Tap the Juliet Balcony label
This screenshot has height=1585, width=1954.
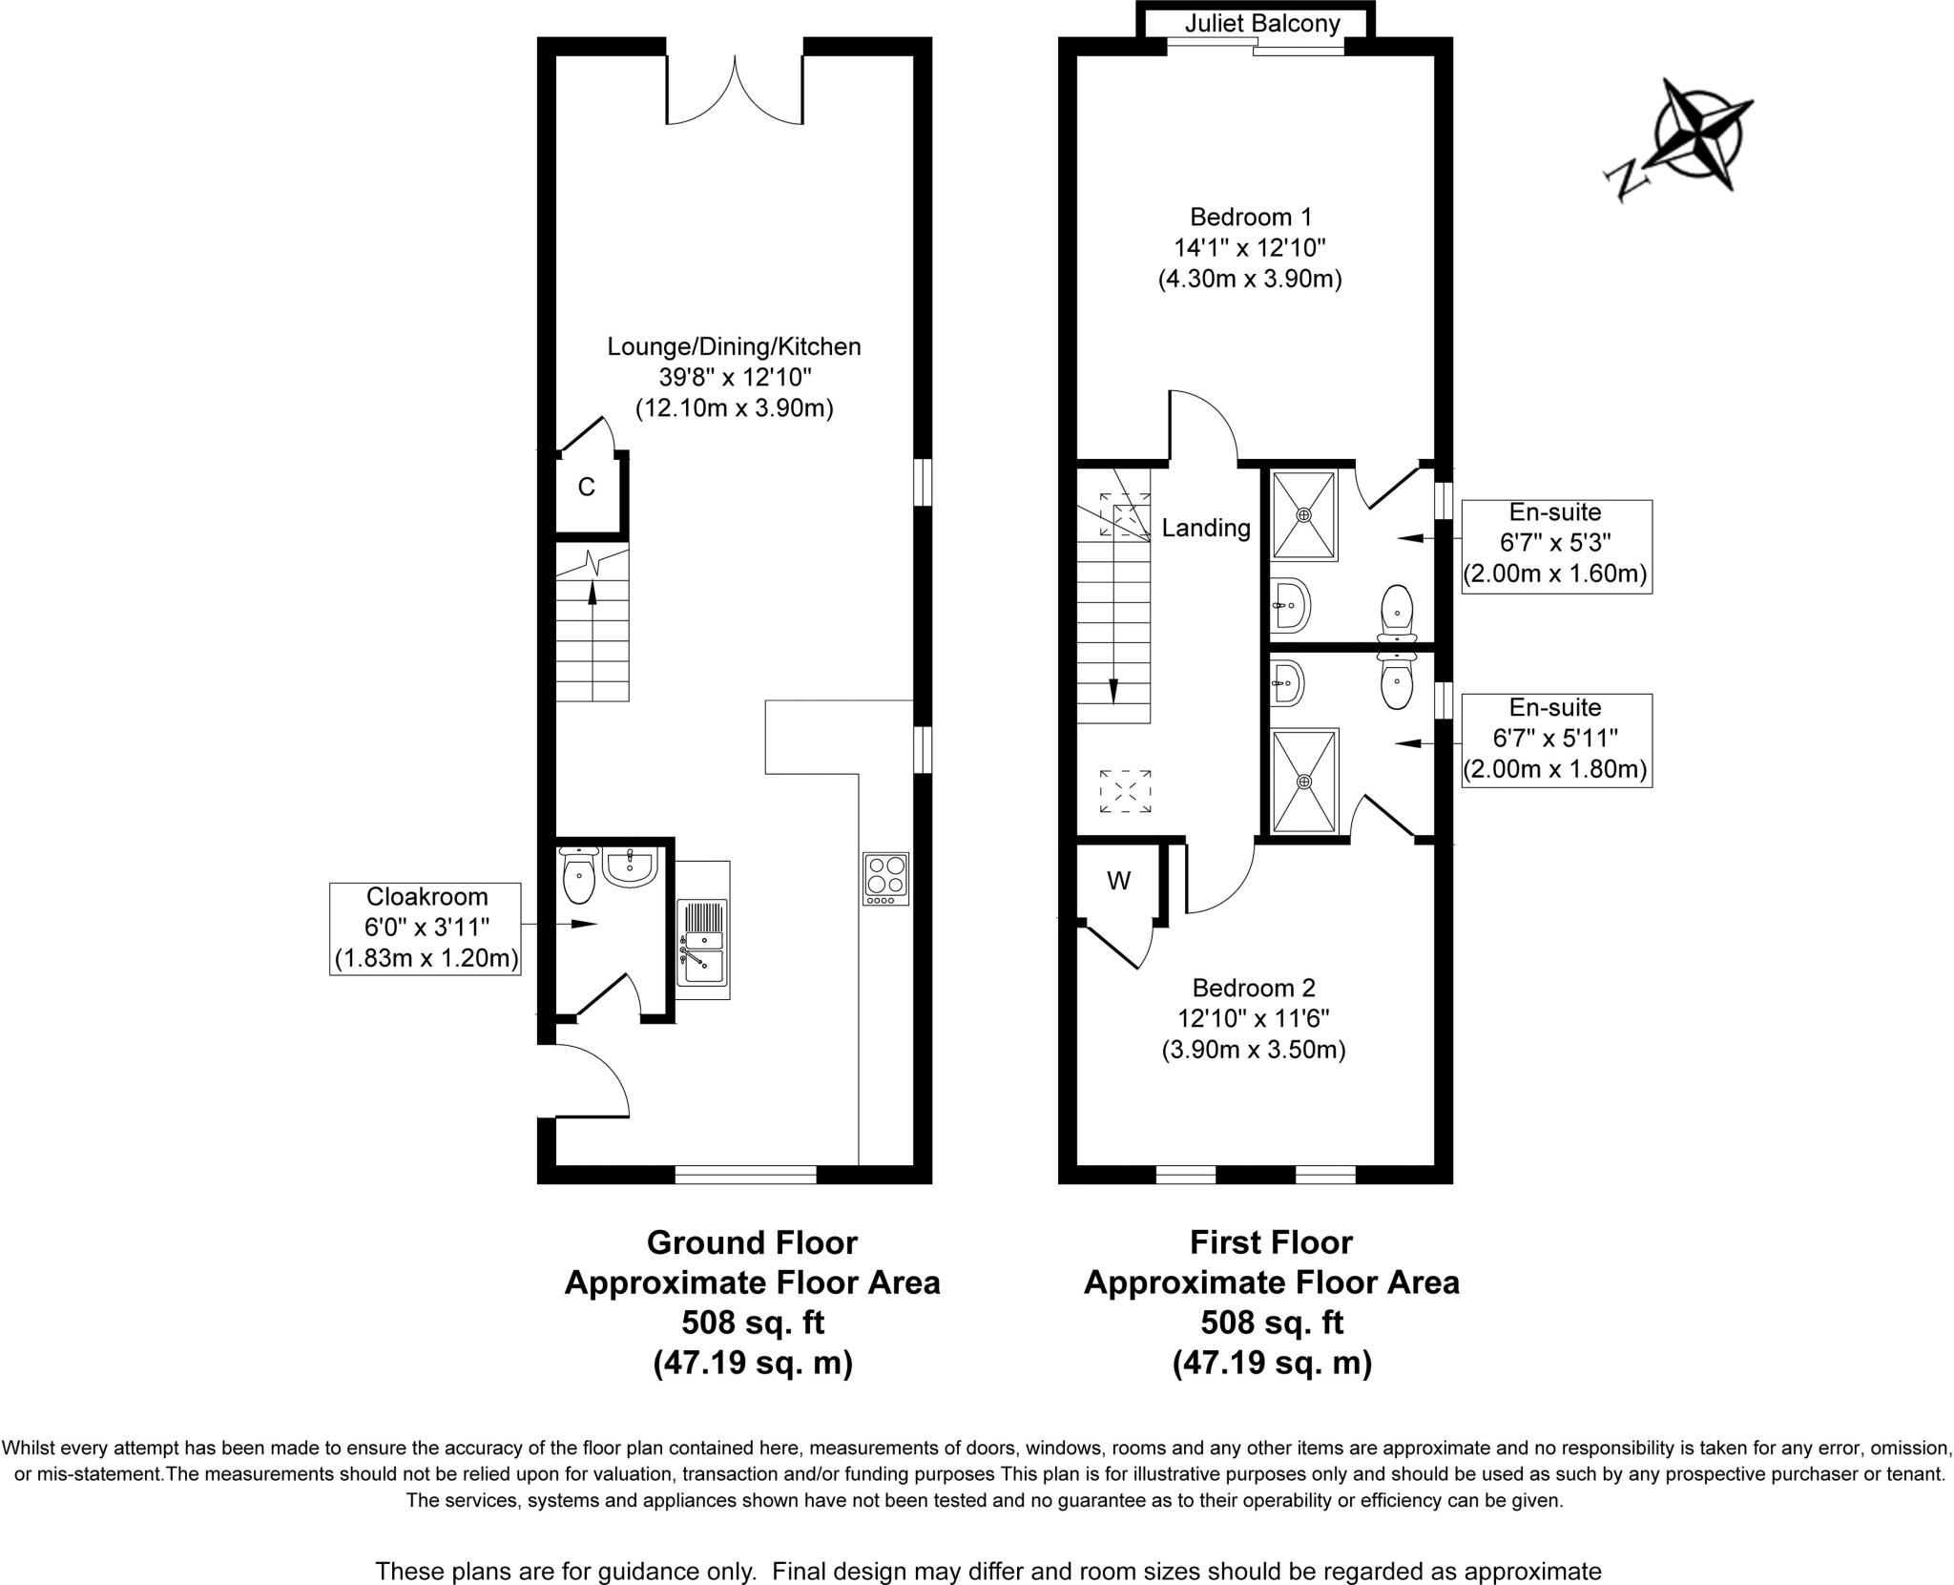pyautogui.click(x=1261, y=23)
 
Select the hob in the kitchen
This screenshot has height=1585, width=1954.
pyautogui.click(x=885, y=878)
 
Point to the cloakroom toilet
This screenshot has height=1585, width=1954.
pyautogui.click(x=579, y=875)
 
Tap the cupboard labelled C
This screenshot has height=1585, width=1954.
pyautogui.click(x=587, y=488)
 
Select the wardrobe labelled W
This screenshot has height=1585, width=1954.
pyautogui.click(x=1118, y=881)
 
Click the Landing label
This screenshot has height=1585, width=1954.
pyautogui.click(x=1205, y=528)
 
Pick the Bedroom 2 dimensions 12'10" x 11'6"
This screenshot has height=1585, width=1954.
pyautogui.click(x=1253, y=1018)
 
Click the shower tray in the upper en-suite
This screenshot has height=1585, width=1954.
pyautogui.click(x=1303, y=515)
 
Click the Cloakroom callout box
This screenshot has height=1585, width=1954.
pyautogui.click(x=426, y=928)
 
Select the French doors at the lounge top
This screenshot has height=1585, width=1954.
pyautogui.click(x=735, y=91)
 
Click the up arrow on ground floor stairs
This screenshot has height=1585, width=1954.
pyautogui.click(x=592, y=593)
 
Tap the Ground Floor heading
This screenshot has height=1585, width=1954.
pyautogui.click(x=752, y=1242)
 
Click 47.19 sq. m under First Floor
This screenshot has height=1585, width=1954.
pyautogui.click(x=1271, y=1363)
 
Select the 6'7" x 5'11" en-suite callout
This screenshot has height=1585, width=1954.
pyautogui.click(x=1555, y=740)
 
